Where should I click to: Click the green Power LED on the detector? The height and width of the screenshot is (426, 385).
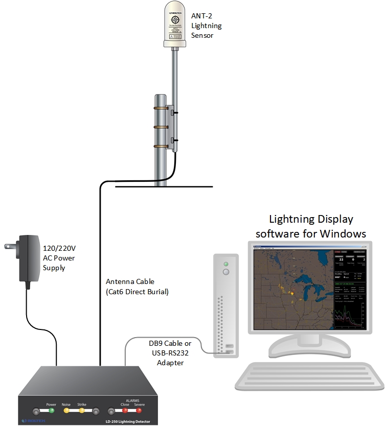52,410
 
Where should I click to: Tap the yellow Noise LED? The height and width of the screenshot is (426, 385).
66,410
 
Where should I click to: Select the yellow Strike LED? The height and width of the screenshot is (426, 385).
81,410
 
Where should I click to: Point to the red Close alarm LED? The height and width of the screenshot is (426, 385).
124,410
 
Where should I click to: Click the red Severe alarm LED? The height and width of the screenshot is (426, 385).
139,410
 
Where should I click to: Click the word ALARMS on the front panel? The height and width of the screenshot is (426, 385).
132,400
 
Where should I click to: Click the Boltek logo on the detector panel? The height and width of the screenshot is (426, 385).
32,421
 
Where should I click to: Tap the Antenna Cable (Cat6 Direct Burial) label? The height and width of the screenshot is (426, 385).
137,287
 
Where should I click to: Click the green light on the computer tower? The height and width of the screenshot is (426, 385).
225,264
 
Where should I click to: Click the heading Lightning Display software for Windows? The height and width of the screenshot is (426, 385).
311,226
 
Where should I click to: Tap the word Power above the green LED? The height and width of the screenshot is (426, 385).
51,404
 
